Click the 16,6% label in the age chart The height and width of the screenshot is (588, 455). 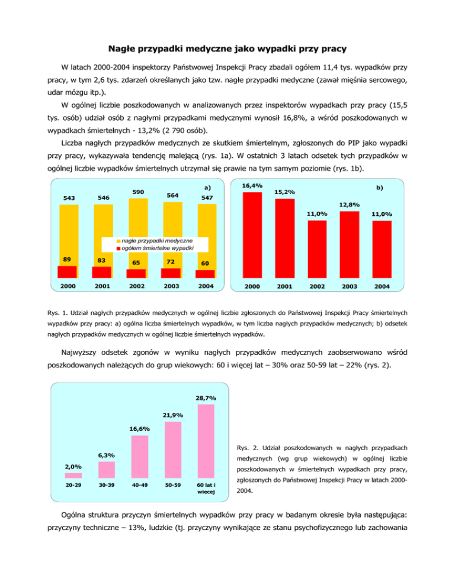[140, 428]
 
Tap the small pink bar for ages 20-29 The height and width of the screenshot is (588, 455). [73, 475]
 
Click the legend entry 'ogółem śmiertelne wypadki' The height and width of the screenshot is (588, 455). [156, 248]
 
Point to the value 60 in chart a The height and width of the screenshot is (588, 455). [204, 263]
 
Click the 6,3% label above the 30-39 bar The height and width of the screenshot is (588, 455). [107, 455]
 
